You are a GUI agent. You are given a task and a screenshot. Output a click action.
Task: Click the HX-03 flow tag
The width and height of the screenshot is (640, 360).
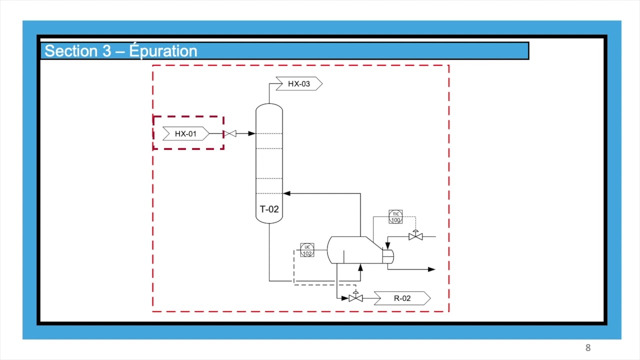(x=299, y=83)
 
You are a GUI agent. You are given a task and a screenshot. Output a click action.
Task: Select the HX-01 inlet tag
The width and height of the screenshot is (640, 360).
(x=186, y=133)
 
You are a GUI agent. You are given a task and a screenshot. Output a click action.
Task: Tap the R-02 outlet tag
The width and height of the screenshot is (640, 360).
(x=402, y=298)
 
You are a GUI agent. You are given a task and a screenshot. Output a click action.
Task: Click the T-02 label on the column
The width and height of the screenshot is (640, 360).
(x=269, y=209)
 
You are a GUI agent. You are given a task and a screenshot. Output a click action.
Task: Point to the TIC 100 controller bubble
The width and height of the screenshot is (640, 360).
(x=395, y=217)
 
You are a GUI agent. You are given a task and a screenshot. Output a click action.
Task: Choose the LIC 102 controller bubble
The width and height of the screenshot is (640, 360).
(x=307, y=250)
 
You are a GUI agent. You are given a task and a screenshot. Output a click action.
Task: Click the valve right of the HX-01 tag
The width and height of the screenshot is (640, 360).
(x=230, y=133)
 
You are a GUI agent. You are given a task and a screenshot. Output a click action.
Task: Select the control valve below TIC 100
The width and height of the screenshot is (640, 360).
(x=415, y=235)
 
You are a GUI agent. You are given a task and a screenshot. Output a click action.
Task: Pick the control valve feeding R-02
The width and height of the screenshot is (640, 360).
(x=355, y=297)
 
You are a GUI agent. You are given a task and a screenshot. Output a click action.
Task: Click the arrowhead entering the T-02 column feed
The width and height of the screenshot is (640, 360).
(x=251, y=133)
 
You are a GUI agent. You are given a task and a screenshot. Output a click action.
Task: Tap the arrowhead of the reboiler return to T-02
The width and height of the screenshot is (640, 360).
(x=286, y=193)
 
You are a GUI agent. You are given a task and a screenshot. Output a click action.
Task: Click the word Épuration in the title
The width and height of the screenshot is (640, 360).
(x=163, y=51)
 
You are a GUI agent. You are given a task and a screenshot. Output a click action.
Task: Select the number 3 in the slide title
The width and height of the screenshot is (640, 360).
(x=106, y=51)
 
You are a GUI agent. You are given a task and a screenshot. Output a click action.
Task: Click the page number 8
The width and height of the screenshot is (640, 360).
(x=588, y=347)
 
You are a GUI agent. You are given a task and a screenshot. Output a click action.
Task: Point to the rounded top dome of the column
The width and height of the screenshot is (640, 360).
(x=269, y=106)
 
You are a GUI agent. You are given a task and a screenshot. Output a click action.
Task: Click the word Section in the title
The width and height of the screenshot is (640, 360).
(x=71, y=51)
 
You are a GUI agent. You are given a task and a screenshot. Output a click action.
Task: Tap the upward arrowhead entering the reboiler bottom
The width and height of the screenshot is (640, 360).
(x=360, y=267)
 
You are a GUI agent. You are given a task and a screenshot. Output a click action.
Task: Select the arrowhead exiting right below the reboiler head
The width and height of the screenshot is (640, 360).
(x=431, y=269)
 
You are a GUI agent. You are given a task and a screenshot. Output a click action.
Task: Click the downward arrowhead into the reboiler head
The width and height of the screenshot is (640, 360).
(x=387, y=245)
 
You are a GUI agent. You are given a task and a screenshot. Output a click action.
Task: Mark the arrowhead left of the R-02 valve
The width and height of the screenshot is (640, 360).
(x=345, y=298)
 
